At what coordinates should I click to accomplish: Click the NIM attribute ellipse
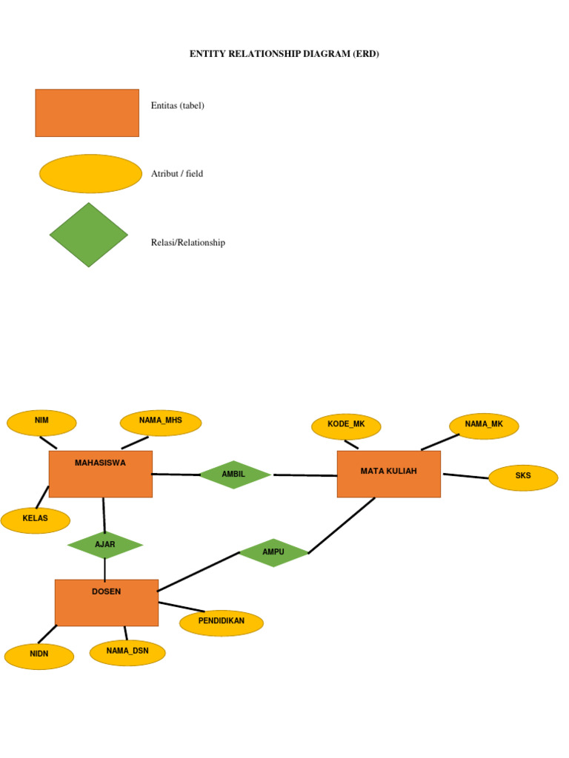(41, 423)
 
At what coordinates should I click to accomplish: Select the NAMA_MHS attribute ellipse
(160, 423)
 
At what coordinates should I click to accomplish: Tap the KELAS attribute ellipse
(36, 520)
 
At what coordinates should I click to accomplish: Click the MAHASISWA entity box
(101, 474)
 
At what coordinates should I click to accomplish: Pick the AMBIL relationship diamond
(235, 474)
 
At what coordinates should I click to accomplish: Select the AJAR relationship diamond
(105, 546)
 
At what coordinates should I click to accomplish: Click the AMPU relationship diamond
(273, 553)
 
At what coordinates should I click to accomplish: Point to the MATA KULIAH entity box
(389, 474)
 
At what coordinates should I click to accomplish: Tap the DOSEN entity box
(107, 602)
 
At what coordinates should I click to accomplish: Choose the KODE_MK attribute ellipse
(346, 426)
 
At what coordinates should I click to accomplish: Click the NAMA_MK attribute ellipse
(484, 426)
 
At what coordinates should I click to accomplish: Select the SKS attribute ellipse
(523, 477)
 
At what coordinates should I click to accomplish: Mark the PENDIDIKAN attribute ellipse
(222, 623)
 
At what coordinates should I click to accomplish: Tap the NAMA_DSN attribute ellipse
(127, 652)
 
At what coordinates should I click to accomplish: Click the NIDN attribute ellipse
(39, 656)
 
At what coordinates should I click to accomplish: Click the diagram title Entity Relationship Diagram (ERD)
(284, 54)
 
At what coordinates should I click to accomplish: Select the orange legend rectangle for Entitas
(87, 113)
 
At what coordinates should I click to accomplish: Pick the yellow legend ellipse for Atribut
(90, 174)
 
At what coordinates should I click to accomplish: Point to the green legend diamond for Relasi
(89, 235)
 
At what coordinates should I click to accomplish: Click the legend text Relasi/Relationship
(188, 243)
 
